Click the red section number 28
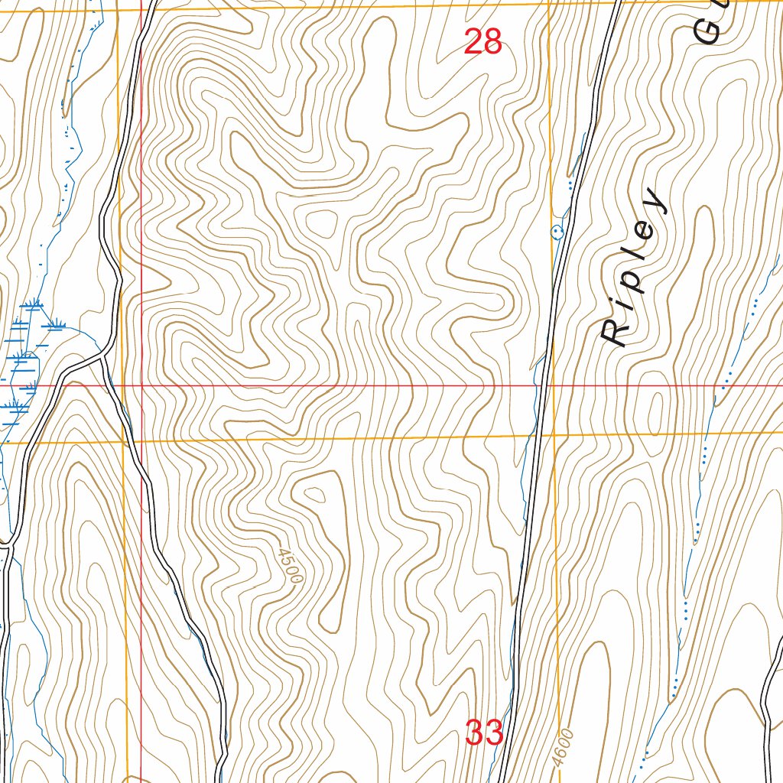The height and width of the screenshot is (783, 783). point(483,42)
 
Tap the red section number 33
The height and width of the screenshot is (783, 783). point(483,733)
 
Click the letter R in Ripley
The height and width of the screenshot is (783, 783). point(613,333)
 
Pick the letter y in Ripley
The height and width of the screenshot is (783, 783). point(655,200)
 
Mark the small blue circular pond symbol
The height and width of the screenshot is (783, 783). point(557,230)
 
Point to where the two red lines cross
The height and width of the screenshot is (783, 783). point(141,386)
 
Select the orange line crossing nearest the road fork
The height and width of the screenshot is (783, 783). point(123,442)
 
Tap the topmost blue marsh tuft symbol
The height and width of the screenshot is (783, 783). point(33,305)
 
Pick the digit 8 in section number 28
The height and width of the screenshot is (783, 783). point(492,42)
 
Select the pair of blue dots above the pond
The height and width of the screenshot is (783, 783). point(570,184)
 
